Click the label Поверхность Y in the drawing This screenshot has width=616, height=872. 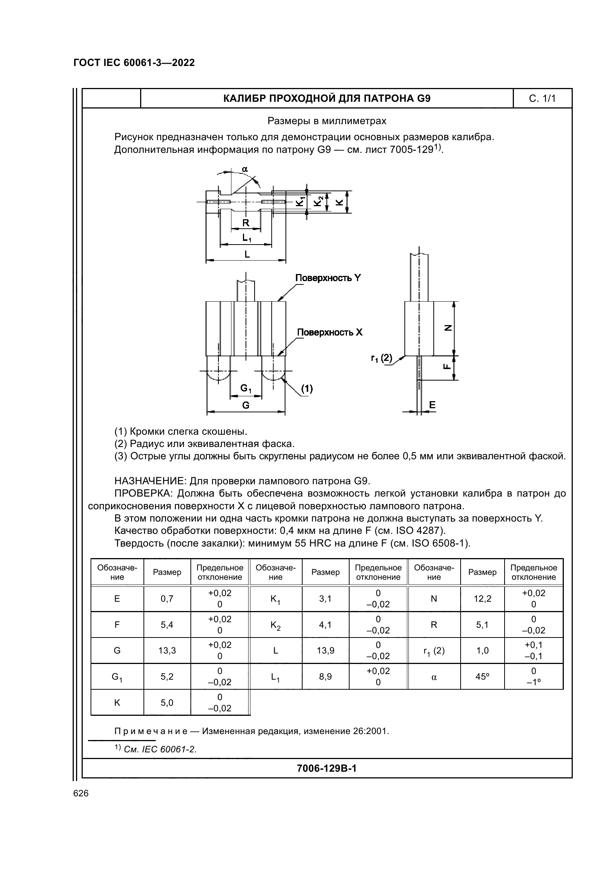(328, 278)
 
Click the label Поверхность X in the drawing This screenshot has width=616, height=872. (329, 332)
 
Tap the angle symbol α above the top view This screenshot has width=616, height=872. (245, 169)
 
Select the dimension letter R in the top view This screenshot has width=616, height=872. (246, 223)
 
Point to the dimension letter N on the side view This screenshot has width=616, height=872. (448, 328)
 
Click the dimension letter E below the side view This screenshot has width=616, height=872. (432, 405)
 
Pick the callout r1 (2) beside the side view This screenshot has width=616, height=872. (382, 358)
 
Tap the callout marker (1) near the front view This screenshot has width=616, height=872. (307, 388)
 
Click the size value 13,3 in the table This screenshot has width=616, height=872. (167, 651)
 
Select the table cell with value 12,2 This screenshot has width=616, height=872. (482, 599)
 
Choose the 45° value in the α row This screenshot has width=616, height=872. (482, 676)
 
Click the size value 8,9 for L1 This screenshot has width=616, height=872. (325, 676)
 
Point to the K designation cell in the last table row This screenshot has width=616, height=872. (117, 703)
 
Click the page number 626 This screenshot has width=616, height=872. (81, 793)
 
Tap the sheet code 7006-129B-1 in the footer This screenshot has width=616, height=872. (326, 769)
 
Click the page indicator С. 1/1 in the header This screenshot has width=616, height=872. (542, 99)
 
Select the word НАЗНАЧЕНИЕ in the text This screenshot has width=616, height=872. (150, 481)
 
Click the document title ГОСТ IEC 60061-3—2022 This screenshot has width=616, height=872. (134, 63)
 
